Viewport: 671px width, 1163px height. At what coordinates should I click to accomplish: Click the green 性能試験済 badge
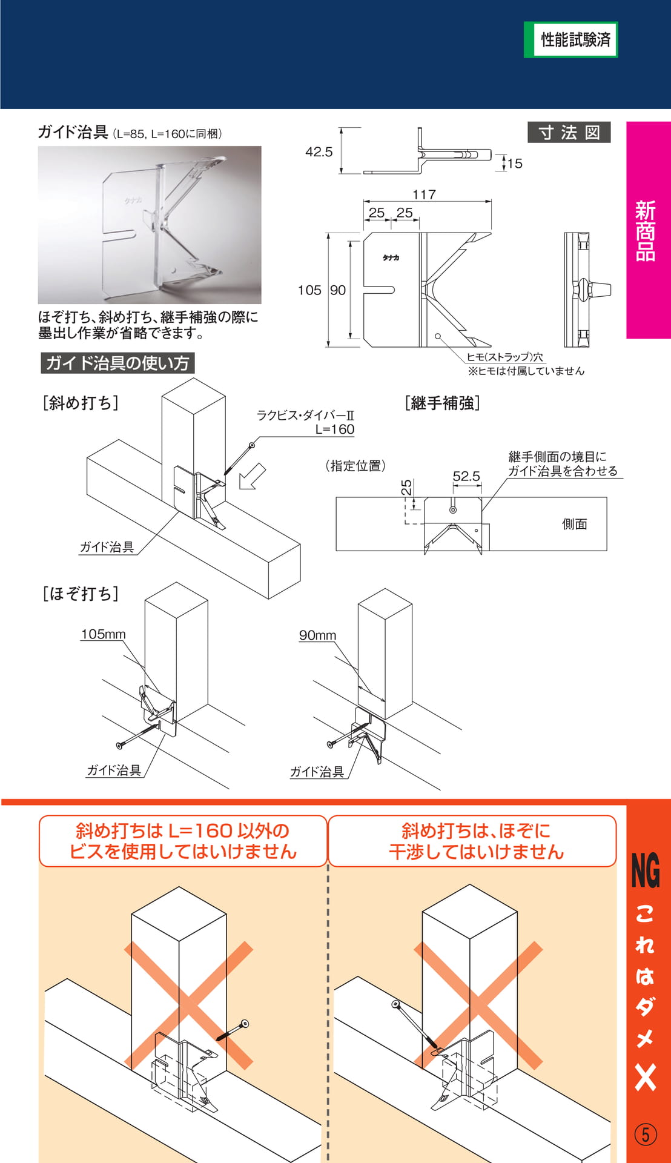pyautogui.click(x=570, y=40)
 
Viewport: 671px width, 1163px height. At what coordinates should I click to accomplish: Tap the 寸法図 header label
pyautogui.click(x=569, y=132)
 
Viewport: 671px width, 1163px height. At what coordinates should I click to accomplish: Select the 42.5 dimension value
pyautogui.click(x=319, y=151)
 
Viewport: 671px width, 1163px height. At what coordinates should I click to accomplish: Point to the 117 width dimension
pyautogui.click(x=424, y=194)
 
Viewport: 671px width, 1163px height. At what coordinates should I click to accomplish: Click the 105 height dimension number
pyautogui.click(x=309, y=290)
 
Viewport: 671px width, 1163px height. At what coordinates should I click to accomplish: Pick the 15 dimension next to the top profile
pyautogui.click(x=515, y=164)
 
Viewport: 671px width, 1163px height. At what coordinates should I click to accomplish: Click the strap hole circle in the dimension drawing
pyautogui.click(x=438, y=336)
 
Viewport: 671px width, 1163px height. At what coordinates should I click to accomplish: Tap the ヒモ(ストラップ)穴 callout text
pyautogui.click(x=504, y=357)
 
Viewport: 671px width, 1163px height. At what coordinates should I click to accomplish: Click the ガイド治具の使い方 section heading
pyautogui.click(x=117, y=363)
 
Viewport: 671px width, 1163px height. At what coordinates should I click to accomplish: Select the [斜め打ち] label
pyautogui.click(x=81, y=403)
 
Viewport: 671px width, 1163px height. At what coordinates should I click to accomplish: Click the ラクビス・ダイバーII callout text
pyautogui.click(x=305, y=416)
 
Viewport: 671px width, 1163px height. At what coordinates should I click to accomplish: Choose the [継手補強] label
pyautogui.click(x=443, y=403)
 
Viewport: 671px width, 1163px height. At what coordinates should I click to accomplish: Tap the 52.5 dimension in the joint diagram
pyautogui.click(x=466, y=476)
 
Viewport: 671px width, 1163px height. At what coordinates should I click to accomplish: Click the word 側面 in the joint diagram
pyautogui.click(x=575, y=524)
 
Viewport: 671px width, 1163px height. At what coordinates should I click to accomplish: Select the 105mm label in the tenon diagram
pyautogui.click(x=104, y=634)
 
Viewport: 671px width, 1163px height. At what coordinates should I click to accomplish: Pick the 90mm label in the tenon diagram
pyautogui.click(x=317, y=635)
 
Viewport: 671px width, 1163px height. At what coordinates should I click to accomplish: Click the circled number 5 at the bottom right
pyautogui.click(x=646, y=1134)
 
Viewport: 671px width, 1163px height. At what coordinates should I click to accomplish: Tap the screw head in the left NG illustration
pyautogui.click(x=245, y=1024)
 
